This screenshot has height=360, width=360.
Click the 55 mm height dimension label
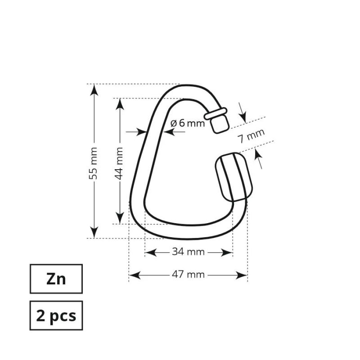(94, 163)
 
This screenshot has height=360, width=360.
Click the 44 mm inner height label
(119, 163)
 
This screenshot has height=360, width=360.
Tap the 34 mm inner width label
(188, 252)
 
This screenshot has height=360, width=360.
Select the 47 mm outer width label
(188, 274)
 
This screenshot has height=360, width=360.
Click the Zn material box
(56, 279)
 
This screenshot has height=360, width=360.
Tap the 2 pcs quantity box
(56, 315)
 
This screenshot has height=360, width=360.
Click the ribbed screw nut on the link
(234, 176)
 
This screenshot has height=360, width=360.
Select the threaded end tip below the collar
(220, 124)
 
